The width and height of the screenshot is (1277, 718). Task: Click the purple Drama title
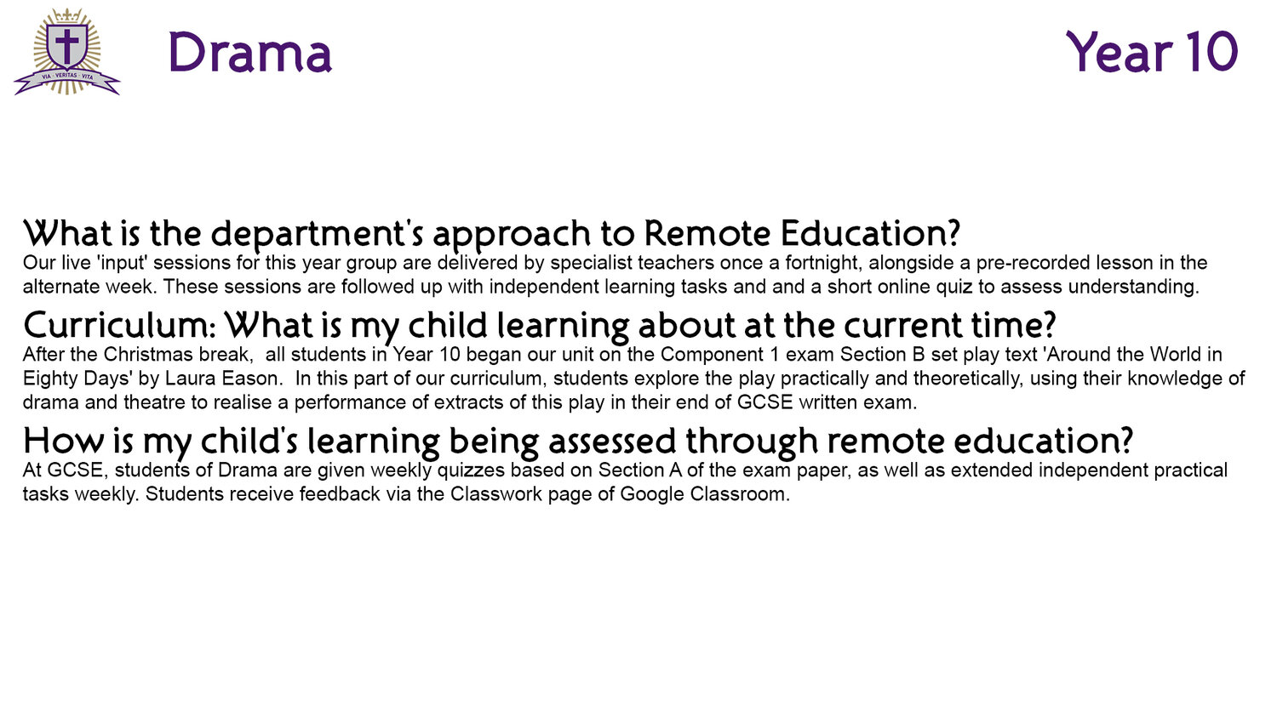[249, 53]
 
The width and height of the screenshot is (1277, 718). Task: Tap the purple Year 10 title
[1152, 52]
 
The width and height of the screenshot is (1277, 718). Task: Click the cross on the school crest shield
[66, 45]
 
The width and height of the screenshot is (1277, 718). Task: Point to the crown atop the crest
[67, 15]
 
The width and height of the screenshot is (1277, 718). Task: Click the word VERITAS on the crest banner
[66, 75]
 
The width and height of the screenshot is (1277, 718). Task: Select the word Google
[652, 494]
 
